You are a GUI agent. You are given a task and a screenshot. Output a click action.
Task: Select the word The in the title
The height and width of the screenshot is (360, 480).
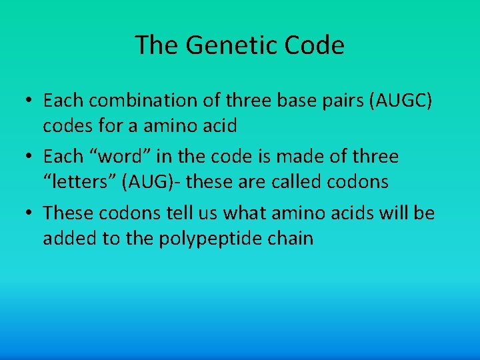point(157,45)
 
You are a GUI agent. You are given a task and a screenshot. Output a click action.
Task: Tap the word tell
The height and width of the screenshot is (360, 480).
point(186,213)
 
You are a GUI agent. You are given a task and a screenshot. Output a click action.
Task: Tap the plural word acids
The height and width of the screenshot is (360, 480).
point(346,213)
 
